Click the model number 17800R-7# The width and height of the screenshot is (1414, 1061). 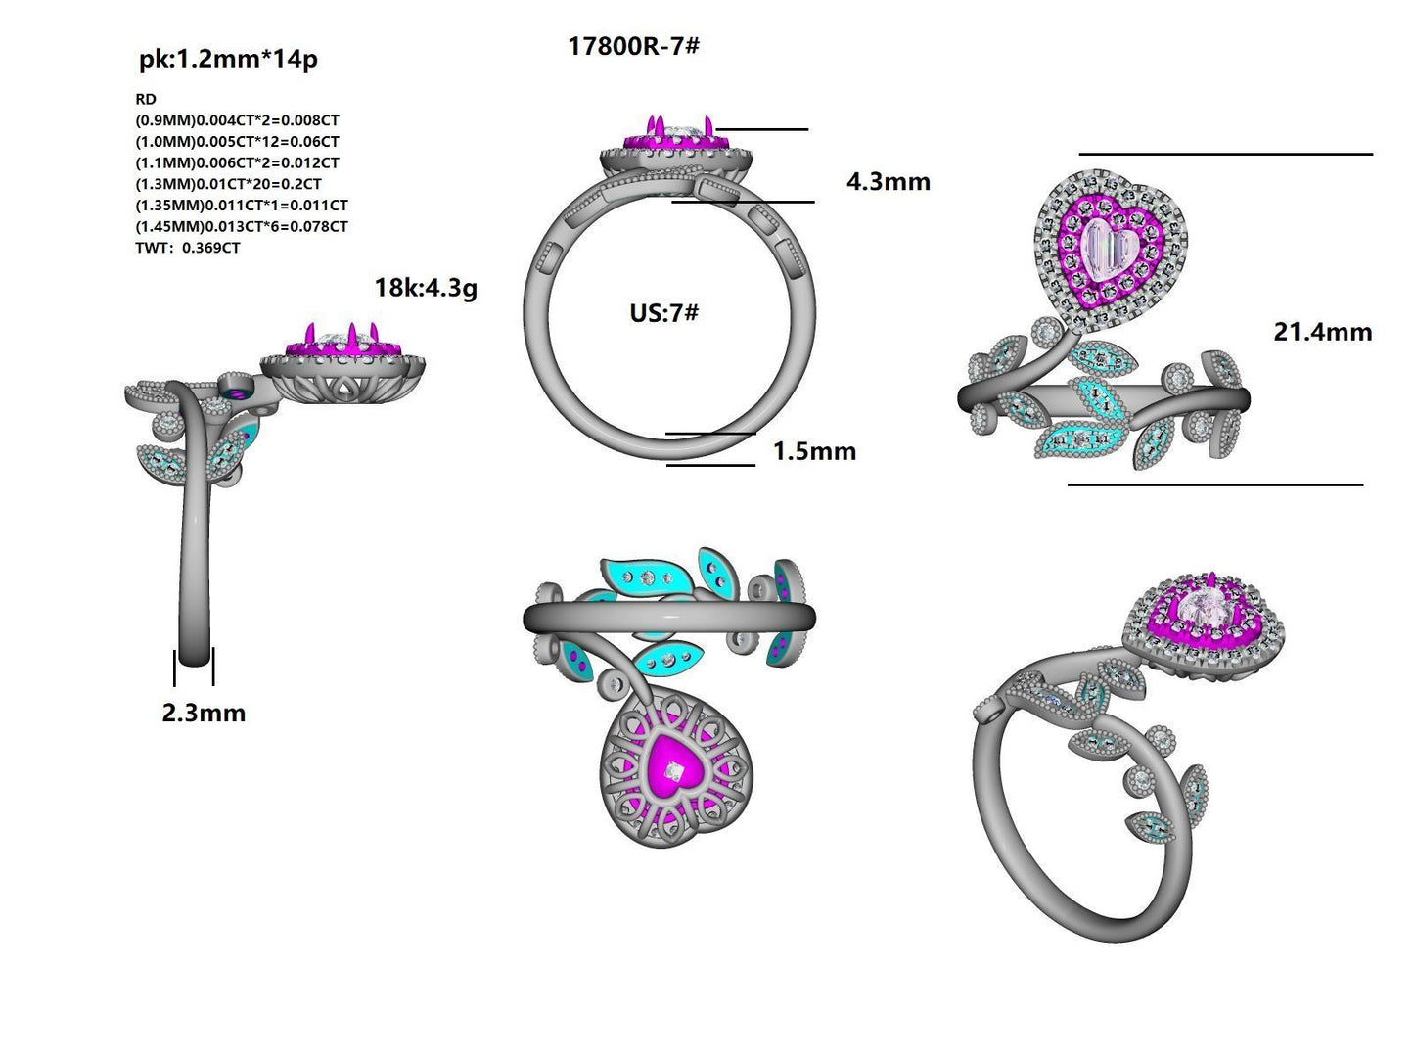click(633, 46)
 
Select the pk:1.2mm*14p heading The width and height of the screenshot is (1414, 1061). click(228, 60)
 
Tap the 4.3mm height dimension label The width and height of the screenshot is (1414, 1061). click(888, 182)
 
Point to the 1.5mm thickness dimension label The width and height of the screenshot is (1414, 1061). click(814, 451)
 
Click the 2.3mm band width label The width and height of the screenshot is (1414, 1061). click(204, 713)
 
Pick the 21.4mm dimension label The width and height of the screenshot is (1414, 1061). click(1322, 332)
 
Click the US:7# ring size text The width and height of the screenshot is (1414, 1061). click(663, 313)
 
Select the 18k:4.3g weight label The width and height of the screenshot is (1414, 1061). click(426, 288)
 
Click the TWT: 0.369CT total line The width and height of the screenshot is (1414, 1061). click(188, 248)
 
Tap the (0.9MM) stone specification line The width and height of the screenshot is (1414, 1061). click(237, 120)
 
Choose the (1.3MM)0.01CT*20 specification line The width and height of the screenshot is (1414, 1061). click(228, 184)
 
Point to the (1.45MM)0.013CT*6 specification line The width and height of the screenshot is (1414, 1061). click(241, 226)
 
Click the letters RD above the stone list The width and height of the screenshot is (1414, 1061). click(146, 99)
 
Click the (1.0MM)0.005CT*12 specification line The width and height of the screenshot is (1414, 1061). click(237, 142)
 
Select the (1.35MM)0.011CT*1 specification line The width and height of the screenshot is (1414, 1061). click(241, 206)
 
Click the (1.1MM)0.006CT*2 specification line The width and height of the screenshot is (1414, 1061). click(237, 162)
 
